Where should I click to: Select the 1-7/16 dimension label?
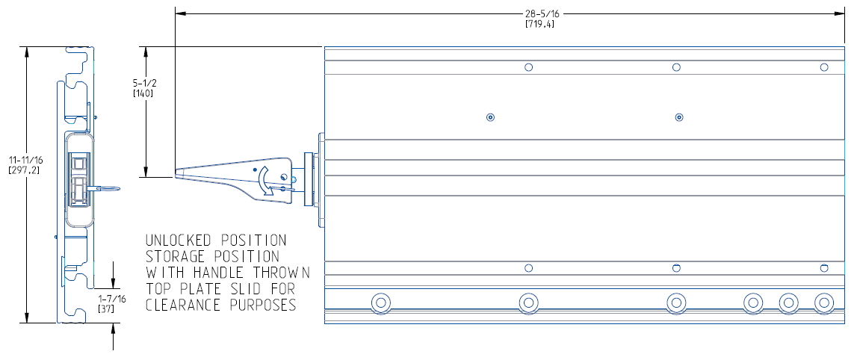(x=113, y=298)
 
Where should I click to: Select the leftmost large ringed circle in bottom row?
(x=381, y=302)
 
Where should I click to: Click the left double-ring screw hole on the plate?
(x=490, y=117)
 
